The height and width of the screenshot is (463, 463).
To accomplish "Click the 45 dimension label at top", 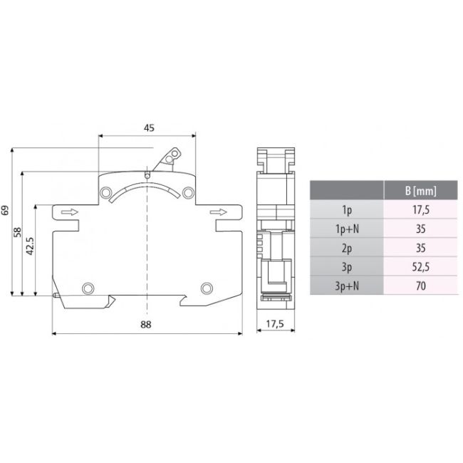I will coord(149,128).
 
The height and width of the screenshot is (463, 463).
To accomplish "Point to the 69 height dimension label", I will coord(6,210).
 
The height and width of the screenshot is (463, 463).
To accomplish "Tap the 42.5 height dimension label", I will coord(30,246).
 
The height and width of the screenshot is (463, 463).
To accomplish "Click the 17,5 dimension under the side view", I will coord(274,325).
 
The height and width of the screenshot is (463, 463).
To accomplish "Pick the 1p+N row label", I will coord(347,229).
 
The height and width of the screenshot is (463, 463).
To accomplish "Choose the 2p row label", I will coord(347,248).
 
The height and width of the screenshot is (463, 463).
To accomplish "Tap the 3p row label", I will coord(347,267).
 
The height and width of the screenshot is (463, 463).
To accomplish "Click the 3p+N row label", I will coord(347,286).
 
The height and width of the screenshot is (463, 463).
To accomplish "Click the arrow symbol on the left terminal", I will coord(69,212).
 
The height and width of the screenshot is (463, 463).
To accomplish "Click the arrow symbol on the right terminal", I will coord(222,212).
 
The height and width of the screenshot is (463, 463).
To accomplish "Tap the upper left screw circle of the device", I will coord(105,193).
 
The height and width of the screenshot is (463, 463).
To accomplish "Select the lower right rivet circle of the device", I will coord(207,288).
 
